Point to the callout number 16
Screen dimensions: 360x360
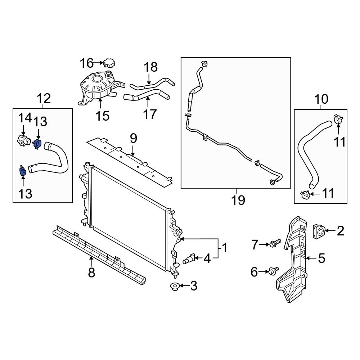[86, 63]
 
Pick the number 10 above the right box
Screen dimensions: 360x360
[321, 98]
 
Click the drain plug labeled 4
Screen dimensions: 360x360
[190, 258]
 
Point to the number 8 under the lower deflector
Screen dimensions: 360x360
[91, 273]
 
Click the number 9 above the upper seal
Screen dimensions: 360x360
[133, 138]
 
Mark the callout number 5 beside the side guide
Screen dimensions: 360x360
[321, 258]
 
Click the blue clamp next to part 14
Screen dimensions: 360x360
[37, 143]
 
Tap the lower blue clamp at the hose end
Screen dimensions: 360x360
[22, 171]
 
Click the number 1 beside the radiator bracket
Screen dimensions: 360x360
[224, 248]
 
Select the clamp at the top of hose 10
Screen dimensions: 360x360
[338, 119]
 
